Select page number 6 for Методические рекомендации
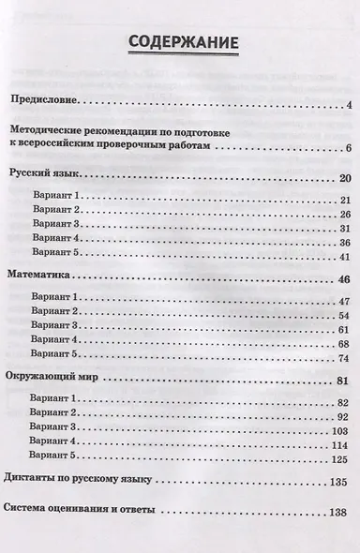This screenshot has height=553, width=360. (x=347, y=148)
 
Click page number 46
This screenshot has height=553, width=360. (x=343, y=280)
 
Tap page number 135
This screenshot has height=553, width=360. (x=340, y=484)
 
